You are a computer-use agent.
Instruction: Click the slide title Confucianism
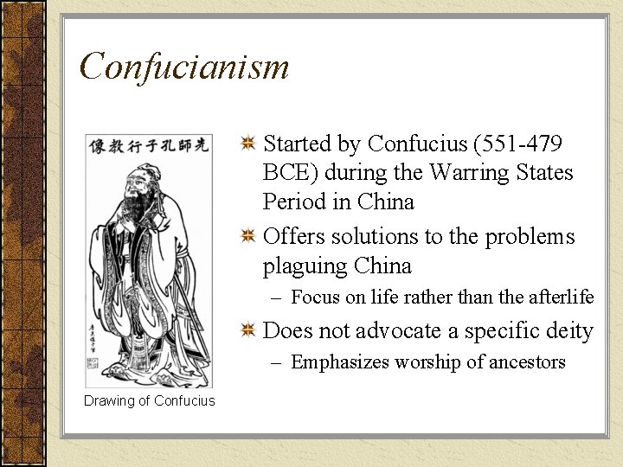(x=183, y=67)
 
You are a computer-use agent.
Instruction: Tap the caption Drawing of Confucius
(x=150, y=400)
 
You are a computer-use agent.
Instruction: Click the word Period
(x=293, y=202)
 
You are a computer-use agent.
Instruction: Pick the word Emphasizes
(x=340, y=362)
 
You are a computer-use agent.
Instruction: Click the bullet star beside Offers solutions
(x=247, y=236)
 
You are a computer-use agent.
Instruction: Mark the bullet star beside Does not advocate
(x=247, y=331)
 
